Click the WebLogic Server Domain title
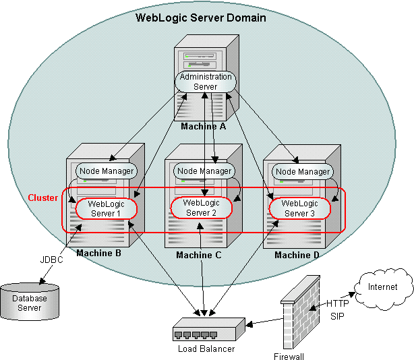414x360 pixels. tap(201, 18)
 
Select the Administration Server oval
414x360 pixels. tap(206, 82)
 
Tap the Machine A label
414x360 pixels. tap(204, 126)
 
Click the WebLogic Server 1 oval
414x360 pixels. tap(107, 208)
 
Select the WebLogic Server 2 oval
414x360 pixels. tap(200, 207)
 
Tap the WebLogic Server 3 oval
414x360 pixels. tap(299, 208)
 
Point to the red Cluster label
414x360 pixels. tap(42, 198)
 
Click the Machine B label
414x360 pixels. tap(98, 253)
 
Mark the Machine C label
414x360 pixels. tap(198, 255)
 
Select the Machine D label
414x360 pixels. tap(297, 255)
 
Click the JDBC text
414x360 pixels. tap(51, 260)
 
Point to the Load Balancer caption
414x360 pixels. tap(206, 349)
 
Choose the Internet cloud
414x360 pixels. tap(382, 287)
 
